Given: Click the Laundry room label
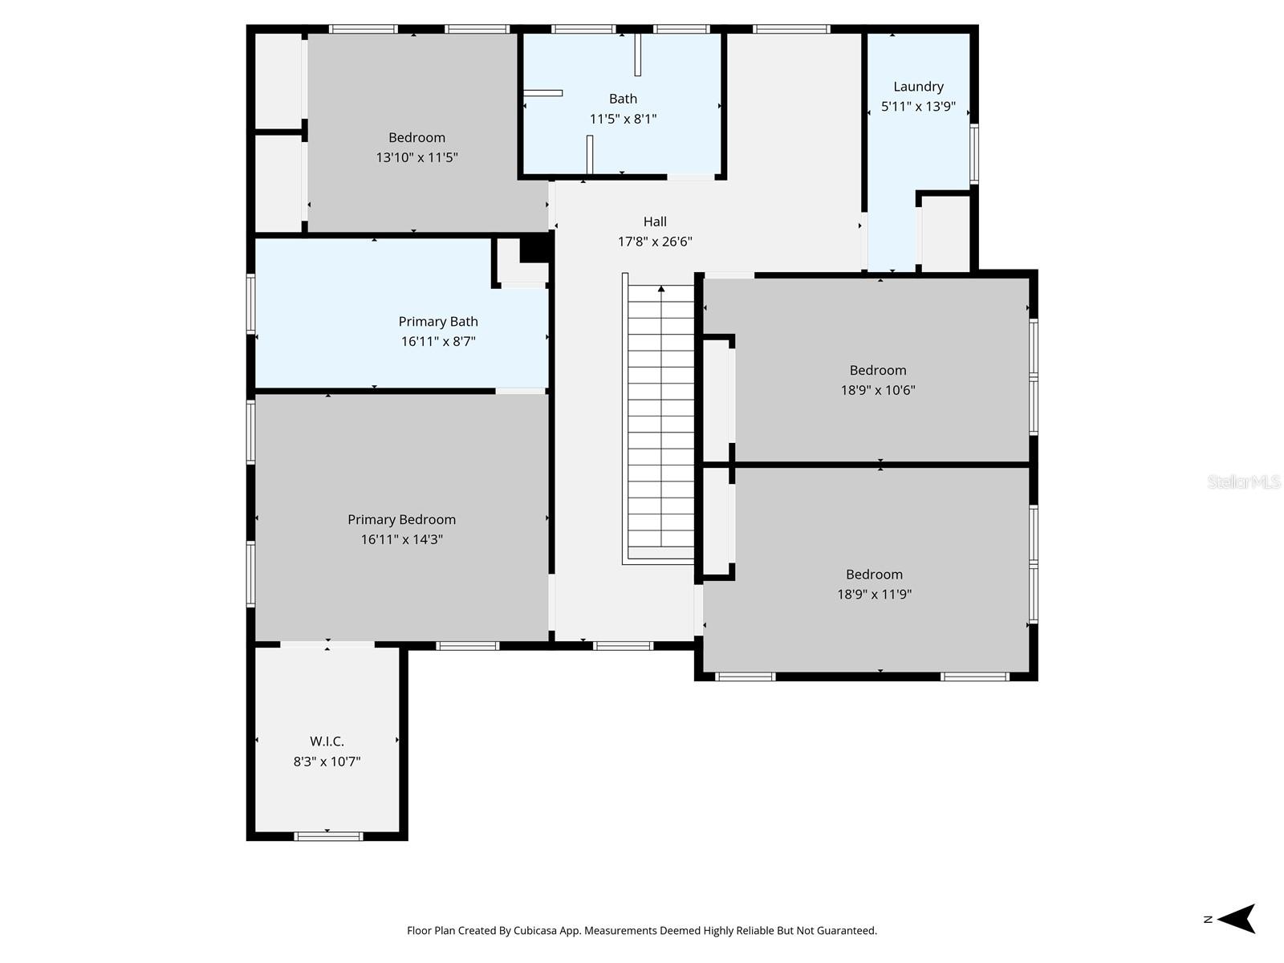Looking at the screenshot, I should tap(918, 87).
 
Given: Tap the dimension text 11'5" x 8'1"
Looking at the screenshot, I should tap(623, 119).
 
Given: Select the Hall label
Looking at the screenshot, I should tap(655, 221).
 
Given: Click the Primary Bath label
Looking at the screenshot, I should tap(438, 321).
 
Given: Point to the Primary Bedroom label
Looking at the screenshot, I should tap(401, 519).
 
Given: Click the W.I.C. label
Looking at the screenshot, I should tap(327, 742).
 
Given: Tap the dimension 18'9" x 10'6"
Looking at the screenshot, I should tap(877, 390).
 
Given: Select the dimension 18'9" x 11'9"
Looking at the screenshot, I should tap(874, 594).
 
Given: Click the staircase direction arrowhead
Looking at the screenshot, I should tap(661, 289).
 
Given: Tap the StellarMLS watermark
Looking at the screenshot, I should tap(1243, 481).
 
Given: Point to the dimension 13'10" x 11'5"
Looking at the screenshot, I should tap(416, 157).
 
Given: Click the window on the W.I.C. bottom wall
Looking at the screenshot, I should tap(328, 836).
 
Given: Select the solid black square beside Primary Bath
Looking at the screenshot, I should tap(534, 247).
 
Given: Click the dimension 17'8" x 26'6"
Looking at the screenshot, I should tap(655, 242).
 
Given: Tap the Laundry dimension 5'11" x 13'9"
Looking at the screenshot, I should tap(918, 107).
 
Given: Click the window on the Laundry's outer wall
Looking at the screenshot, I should tap(974, 153).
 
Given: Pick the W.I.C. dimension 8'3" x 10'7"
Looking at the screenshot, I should tap(327, 762).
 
